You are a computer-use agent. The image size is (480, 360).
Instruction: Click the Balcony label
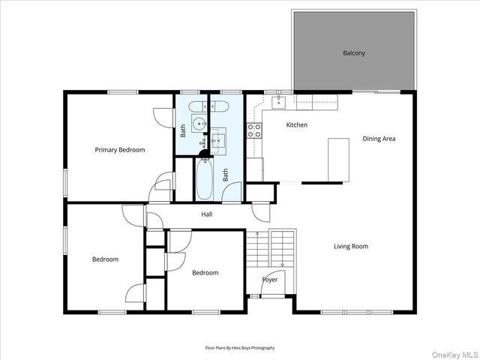pos(353,52)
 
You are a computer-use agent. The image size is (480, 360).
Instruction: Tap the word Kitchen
pos(297,124)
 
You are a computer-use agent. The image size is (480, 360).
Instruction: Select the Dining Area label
pos(379,138)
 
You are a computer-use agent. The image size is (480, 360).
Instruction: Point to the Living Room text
pos(351,246)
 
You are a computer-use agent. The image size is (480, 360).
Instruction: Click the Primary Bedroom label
pos(119,150)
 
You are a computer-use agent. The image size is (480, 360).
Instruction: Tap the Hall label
pos(206,214)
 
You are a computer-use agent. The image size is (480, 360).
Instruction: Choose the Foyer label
pos(269,280)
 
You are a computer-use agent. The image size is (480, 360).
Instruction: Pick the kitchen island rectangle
pos(339,159)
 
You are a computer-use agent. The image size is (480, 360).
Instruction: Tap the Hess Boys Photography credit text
pos(240,348)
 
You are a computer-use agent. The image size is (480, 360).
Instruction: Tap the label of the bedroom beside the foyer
pos(205,273)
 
